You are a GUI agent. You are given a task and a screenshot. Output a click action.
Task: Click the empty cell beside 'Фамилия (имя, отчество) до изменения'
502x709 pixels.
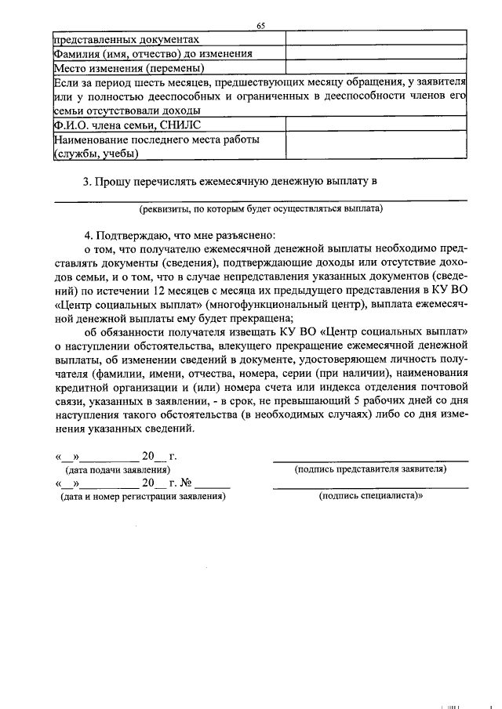[x=376, y=54]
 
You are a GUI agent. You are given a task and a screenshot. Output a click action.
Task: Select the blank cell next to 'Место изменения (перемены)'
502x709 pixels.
[x=376, y=68]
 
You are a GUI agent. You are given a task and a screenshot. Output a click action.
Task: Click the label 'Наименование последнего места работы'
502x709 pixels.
[x=156, y=139]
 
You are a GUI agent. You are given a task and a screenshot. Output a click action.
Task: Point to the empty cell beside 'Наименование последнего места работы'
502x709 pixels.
[x=376, y=147]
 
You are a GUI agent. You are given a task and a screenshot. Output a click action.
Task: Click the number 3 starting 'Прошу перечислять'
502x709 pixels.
[x=87, y=183]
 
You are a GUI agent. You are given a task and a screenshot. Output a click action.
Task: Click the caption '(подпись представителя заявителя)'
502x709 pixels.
[x=370, y=469]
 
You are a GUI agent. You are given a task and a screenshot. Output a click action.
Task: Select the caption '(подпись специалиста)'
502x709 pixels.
[x=370, y=497]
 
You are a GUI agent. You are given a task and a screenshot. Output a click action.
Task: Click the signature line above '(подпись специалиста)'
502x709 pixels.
[x=370, y=488]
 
